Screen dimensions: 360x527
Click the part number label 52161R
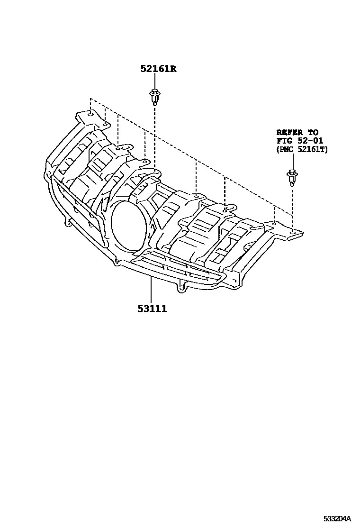click(158, 69)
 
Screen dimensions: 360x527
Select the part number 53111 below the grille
click(152, 309)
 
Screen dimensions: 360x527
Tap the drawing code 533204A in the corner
click(337, 518)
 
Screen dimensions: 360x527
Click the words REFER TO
click(297, 133)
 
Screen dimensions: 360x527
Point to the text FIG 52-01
click(299, 141)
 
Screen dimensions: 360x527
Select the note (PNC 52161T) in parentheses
click(302, 149)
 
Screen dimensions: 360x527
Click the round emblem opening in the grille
click(127, 225)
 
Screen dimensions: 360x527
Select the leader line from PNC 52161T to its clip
click(292, 161)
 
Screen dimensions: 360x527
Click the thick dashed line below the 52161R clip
click(154, 137)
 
